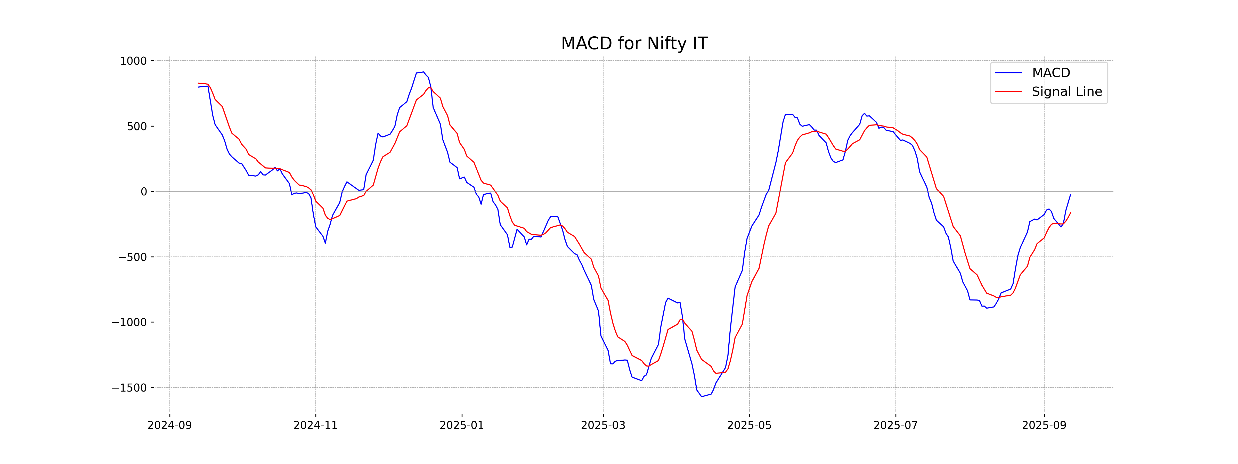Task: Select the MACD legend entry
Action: click(1050, 73)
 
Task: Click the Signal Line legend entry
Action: click(1066, 92)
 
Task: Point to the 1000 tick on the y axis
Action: click(133, 61)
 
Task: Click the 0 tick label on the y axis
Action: click(144, 192)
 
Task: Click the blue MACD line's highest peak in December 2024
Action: click(423, 72)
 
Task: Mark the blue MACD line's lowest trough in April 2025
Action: click(702, 396)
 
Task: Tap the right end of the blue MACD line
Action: click(1070, 194)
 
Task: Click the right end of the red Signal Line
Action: click(1070, 213)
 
